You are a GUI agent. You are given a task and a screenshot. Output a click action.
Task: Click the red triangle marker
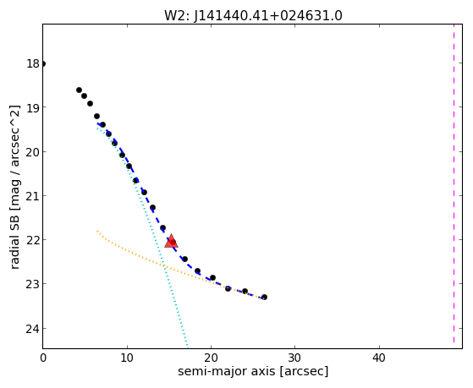[171, 241]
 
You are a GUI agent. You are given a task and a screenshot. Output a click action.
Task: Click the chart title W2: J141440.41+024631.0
[253, 15]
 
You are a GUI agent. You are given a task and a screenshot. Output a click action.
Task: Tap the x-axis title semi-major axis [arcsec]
[253, 371]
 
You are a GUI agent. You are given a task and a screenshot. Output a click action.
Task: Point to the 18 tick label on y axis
[33, 63]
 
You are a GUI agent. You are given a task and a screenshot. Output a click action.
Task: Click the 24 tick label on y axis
[33, 328]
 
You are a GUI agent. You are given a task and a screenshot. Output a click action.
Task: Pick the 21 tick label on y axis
[33, 196]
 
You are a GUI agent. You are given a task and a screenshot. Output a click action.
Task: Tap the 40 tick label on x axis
[379, 358]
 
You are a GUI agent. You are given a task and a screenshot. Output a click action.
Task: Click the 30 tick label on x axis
[294, 358]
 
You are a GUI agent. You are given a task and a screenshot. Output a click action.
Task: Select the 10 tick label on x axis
[127, 358]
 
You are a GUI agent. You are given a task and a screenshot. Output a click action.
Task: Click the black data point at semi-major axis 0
[43, 63]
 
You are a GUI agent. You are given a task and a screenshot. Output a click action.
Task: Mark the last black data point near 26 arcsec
[264, 297]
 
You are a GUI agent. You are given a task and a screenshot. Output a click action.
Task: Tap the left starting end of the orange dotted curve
[97, 231]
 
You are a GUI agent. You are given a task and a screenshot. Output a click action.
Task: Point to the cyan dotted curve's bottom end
[187, 346]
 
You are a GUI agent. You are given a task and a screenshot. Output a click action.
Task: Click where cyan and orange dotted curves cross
[164, 266]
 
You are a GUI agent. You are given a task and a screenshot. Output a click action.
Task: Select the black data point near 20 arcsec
[212, 277]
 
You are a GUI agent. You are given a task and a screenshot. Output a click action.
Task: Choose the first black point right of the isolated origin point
[79, 90]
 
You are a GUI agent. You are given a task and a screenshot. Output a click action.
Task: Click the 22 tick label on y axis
[33, 240]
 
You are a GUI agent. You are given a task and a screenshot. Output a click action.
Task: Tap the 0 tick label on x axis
[43, 358]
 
